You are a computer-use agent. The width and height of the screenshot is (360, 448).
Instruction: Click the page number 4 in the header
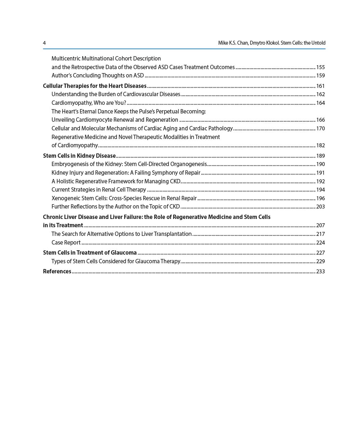44,43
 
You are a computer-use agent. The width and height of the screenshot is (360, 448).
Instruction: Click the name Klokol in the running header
272,43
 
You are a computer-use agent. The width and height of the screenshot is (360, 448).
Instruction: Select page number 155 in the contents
320,67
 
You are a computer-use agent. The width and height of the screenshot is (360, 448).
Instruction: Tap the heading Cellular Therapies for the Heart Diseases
95,86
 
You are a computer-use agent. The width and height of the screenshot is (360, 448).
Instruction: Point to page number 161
320,86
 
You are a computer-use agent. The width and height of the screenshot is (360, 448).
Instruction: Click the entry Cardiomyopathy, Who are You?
89,103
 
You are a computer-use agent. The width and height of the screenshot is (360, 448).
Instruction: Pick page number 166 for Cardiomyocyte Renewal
320,120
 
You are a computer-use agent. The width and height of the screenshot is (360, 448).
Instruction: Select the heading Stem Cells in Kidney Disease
79,156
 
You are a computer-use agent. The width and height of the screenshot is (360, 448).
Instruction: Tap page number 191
320,173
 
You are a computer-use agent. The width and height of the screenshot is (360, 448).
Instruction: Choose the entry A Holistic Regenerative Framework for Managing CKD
116,182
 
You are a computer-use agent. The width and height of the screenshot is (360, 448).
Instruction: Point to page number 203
320,207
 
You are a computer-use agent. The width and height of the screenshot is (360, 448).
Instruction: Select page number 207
320,225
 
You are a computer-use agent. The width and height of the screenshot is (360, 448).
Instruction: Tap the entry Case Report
66,243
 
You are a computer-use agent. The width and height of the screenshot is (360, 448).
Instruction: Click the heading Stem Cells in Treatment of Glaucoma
90,252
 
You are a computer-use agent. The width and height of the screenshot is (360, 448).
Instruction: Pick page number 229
320,261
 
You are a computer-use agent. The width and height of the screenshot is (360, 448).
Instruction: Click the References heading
57,271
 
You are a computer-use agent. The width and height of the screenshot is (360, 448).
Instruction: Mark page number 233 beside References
320,272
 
